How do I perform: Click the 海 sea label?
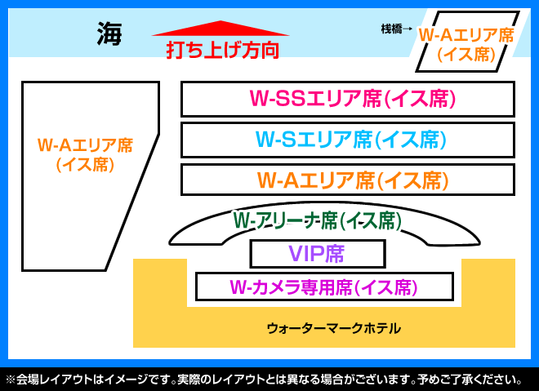pos(109,33)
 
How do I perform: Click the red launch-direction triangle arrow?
pos(220,29)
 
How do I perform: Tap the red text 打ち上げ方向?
pos(222,50)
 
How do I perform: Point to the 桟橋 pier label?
pos(391,29)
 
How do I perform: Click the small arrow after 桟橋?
pos(408,29)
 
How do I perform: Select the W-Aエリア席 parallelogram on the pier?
pos(467,42)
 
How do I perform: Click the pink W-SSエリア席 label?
pos(352,99)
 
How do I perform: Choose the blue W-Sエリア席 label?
pos(350,140)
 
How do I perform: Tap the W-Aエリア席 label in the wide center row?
pos(353,180)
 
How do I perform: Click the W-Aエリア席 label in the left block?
pos(85,154)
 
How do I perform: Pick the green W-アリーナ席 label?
pos(317,220)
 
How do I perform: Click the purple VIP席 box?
pos(318,254)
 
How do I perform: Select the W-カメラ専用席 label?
pos(323,287)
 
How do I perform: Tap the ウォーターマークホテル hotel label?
pos(333,328)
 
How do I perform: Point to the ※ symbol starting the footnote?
pos(11,380)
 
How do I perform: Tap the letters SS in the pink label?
pos(291,98)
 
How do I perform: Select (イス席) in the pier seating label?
pos(466,55)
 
